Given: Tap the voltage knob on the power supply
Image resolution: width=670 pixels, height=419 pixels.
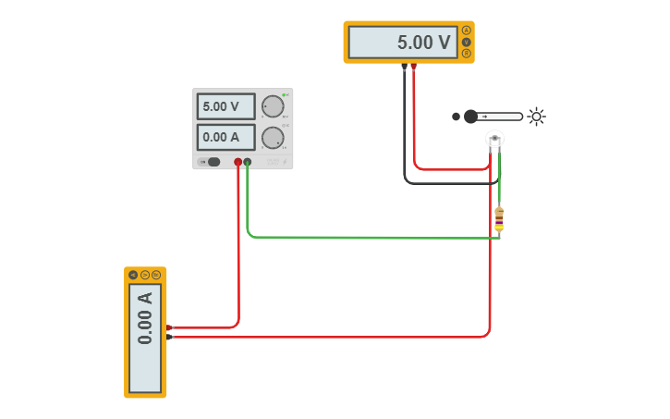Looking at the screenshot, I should [x=272, y=106].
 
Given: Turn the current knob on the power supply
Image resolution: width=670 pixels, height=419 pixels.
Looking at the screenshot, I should [x=272, y=138].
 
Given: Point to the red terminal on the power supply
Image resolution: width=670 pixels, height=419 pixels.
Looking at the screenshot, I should [x=238, y=162].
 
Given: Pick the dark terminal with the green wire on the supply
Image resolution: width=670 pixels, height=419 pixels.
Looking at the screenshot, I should [x=248, y=162].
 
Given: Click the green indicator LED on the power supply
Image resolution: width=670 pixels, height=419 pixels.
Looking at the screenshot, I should [x=285, y=95].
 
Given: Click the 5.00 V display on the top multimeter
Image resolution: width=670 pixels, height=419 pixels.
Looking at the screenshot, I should [x=403, y=43].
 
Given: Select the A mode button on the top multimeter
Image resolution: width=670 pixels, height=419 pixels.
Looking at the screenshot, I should [x=467, y=30].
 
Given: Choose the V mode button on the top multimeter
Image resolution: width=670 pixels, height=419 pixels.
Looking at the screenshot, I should [x=467, y=42].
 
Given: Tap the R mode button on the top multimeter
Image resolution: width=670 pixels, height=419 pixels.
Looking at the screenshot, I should [x=467, y=54].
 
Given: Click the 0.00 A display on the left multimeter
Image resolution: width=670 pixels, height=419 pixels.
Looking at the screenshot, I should [x=145, y=338].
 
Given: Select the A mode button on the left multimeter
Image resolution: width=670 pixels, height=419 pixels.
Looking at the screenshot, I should [x=133, y=275].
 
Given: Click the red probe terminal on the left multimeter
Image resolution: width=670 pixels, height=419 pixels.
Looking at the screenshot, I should [x=169, y=327].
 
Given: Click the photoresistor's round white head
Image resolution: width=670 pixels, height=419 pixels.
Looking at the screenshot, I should [x=494, y=139].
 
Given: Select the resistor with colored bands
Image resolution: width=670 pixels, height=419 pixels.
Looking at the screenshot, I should [x=499, y=218].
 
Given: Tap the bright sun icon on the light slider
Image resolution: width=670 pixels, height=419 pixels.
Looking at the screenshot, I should [x=536, y=117].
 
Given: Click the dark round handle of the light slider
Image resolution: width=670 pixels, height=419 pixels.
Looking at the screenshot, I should [x=470, y=117].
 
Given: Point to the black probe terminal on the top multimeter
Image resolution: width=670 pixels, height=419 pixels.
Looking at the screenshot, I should [x=404, y=67].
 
